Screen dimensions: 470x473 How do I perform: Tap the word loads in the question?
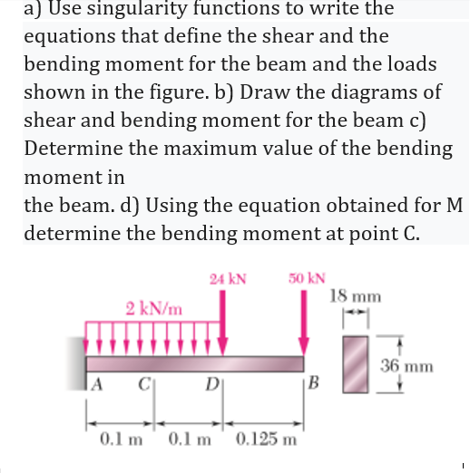(404, 64)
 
